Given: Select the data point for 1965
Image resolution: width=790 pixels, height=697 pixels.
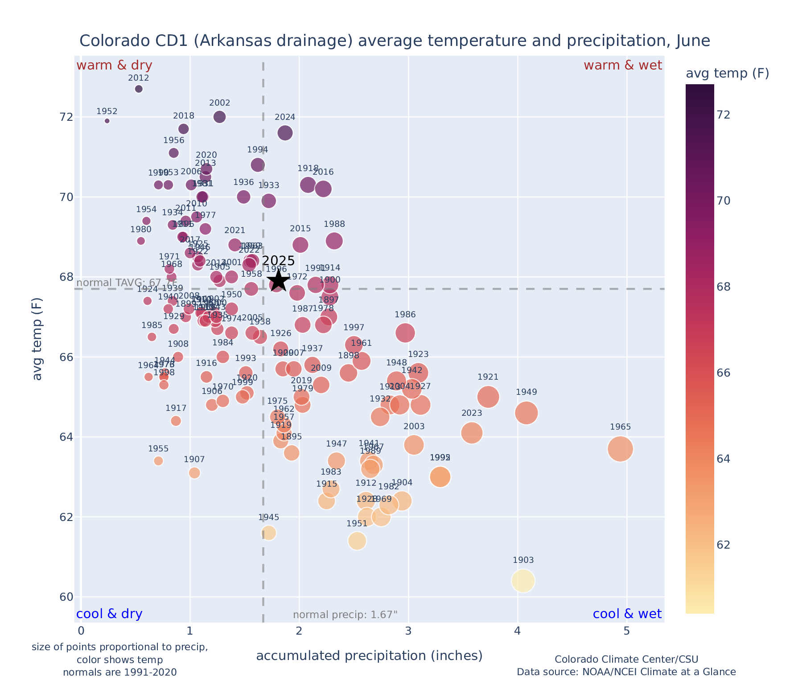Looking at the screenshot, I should point(620,449).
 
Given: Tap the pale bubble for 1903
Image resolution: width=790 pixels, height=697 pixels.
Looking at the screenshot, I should point(523,581).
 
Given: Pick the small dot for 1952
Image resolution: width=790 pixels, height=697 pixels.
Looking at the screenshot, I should point(107,121).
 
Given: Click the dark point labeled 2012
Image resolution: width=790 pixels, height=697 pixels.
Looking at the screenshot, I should point(139,89).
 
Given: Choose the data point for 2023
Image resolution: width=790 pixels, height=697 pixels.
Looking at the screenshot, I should point(472,433).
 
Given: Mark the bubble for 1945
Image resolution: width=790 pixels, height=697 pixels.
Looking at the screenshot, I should point(269,533).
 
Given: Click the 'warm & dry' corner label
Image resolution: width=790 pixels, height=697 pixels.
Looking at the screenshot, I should point(115,66).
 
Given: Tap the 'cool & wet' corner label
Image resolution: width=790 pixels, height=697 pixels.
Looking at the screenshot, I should point(627,614).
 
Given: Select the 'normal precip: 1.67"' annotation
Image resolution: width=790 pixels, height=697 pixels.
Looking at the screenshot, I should point(345,615).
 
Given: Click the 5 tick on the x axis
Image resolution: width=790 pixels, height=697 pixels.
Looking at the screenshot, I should point(626,631).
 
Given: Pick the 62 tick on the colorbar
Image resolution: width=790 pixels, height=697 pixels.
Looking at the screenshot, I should point(723,545).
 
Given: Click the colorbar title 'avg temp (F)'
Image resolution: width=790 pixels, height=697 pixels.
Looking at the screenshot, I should point(727,74).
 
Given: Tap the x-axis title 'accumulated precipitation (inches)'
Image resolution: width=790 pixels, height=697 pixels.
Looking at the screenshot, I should point(369,656).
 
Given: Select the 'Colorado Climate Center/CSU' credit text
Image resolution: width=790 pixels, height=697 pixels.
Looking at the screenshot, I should point(626,659).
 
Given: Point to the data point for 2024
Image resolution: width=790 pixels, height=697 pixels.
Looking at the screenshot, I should point(285,133).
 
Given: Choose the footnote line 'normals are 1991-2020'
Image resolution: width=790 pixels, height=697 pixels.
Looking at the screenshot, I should point(119,672).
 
